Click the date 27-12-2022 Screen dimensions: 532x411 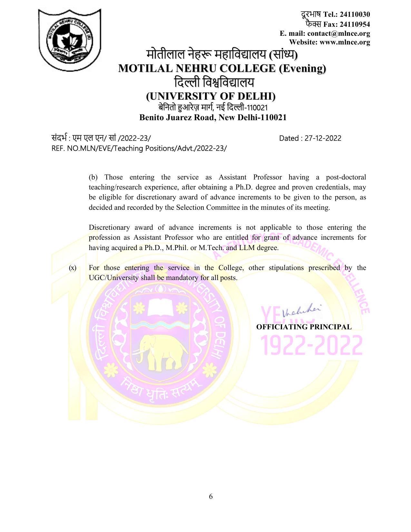(x=323, y=138)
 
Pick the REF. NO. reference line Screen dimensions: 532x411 (x=139, y=148)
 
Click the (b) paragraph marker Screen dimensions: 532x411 (x=93, y=177)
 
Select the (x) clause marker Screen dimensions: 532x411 (x=73, y=268)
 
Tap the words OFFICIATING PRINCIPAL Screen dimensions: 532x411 (x=304, y=327)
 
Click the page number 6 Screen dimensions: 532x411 (x=211, y=496)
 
